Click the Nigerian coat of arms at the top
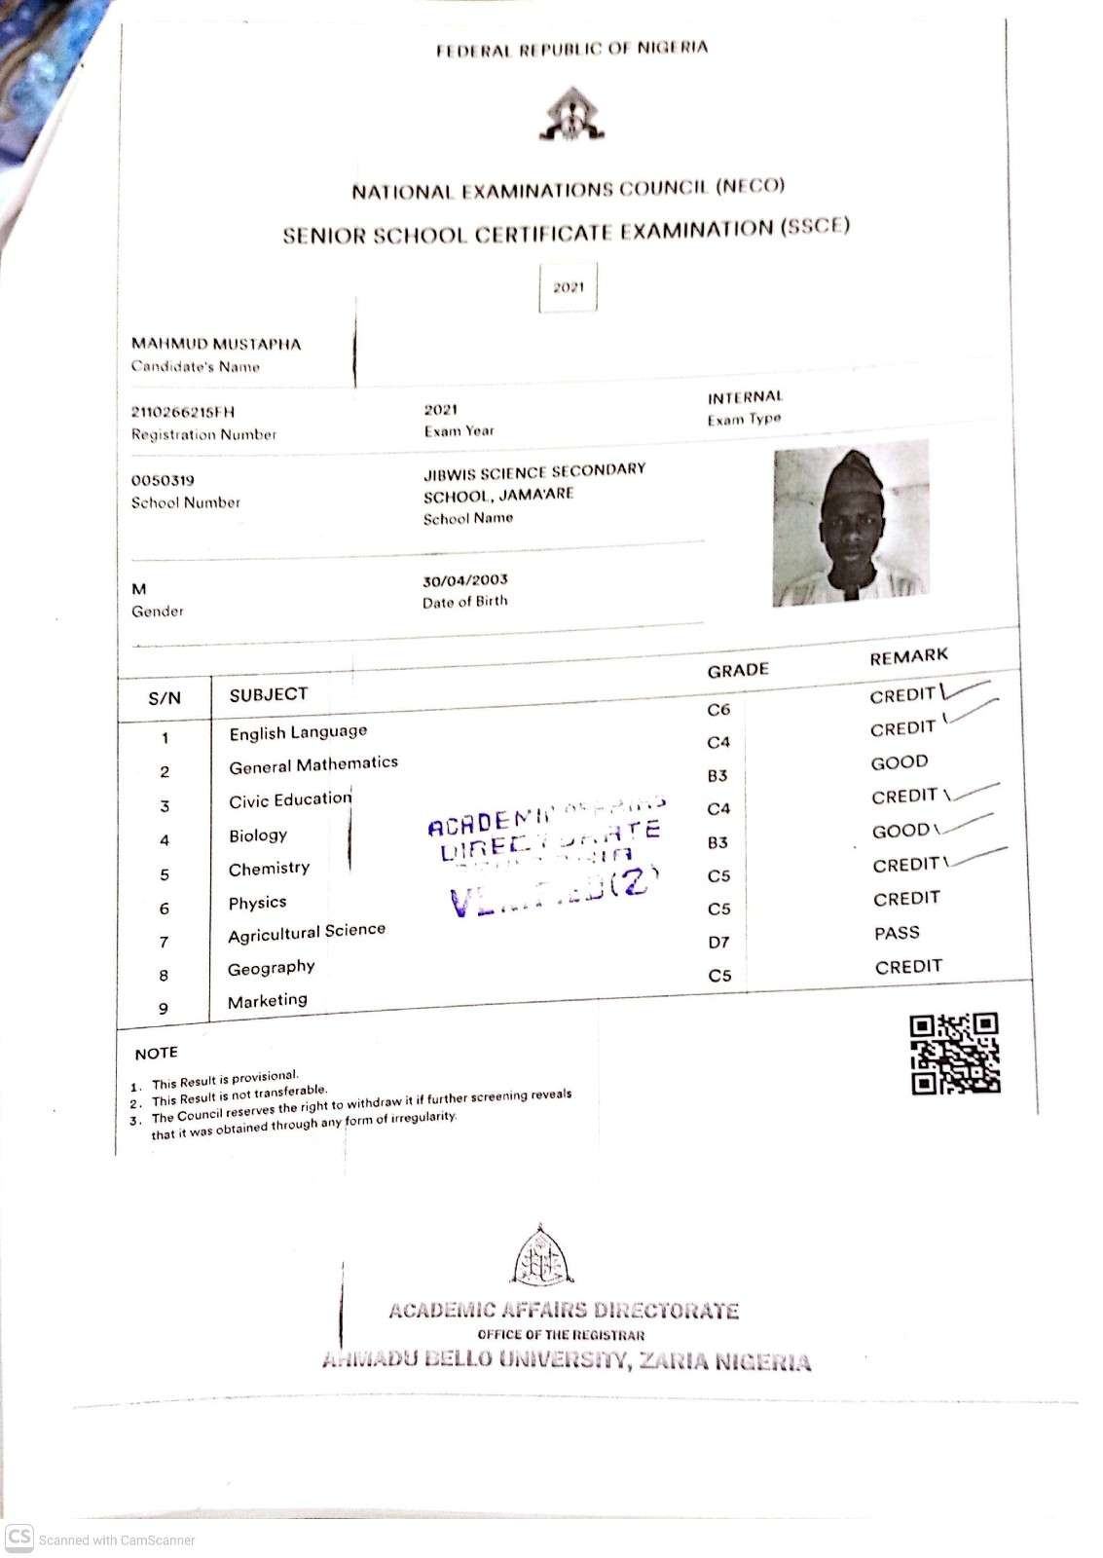572,115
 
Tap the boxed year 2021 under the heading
569,287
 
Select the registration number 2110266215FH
183,412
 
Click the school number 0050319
163,480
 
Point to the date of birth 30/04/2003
465,580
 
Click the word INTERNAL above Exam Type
745,397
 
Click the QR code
955,1054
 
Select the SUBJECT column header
269,694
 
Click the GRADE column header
738,670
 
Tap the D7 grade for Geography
718,942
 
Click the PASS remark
897,933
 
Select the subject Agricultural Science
307,933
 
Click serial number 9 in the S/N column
164,1009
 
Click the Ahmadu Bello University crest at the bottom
543,1256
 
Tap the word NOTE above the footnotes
157,1053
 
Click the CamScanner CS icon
19,1538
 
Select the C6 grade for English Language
718,710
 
